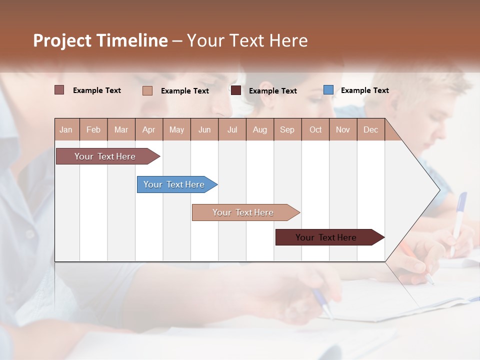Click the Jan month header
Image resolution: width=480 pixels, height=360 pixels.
point(66,129)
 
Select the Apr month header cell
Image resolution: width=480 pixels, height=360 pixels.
point(148,129)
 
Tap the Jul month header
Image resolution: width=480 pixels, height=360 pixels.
point(232,129)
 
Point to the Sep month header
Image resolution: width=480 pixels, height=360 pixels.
point(287,129)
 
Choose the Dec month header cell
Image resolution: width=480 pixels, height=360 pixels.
point(370,129)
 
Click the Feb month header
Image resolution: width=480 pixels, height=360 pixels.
point(93,129)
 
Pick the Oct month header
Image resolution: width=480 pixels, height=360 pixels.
point(315,129)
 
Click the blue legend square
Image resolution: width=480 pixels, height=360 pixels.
point(328,90)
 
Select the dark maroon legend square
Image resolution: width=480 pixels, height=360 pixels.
point(236,90)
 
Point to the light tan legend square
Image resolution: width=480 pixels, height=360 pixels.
point(147,90)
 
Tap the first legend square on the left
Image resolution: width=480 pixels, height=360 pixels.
point(59,90)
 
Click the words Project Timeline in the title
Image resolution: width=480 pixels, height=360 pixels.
point(100,40)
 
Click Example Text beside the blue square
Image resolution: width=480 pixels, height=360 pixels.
point(364,90)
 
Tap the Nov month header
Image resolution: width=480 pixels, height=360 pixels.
point(343,129)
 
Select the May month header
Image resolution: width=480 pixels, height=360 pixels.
point(176,129)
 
